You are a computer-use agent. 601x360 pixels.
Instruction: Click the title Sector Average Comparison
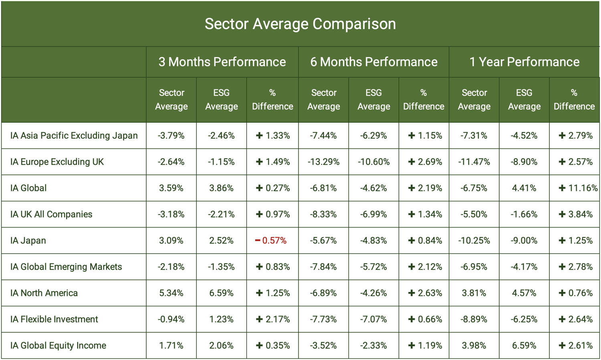click(300, 24)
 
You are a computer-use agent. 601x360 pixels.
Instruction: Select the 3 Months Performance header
click(222, 62)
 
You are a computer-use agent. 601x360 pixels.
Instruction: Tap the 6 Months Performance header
click(373, 62)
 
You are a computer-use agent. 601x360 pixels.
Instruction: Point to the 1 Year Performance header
click(524, 62)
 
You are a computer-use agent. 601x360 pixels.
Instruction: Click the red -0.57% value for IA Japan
click(271, 241)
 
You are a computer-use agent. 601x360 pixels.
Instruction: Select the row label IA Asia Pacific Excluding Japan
click(74, 136)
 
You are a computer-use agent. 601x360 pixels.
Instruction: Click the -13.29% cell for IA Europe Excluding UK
click(323, 162)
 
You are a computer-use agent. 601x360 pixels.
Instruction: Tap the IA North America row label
click(44, 293)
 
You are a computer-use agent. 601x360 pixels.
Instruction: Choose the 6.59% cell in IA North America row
click(221, 293)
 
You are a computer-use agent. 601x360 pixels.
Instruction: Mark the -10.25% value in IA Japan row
click(474, 241)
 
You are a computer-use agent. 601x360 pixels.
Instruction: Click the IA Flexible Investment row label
click(54, 319)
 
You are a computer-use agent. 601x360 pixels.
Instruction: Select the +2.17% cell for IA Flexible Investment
click(272, 319)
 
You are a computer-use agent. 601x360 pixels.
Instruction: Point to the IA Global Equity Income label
click(58, 346)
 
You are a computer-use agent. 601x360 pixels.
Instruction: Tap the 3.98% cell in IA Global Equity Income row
click(474, 346)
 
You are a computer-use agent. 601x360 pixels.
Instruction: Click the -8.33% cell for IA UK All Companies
click(323, 214)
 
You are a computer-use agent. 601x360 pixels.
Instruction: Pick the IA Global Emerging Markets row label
click(66, 267)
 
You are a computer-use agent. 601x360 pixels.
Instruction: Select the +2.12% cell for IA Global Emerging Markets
click(425, 267)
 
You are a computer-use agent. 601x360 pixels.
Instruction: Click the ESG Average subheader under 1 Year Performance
click(524, 99)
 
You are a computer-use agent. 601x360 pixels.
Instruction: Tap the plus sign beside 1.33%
click(259, 136)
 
